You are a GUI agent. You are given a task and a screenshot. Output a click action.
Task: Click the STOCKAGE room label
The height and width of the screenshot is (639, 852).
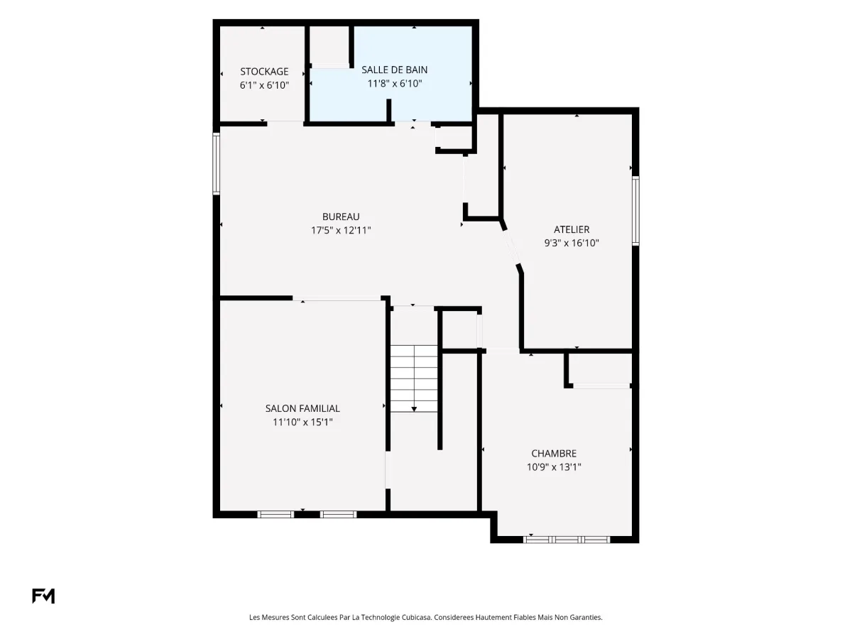[264, 72]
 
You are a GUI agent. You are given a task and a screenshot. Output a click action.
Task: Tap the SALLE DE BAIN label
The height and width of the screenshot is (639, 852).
[394, 70]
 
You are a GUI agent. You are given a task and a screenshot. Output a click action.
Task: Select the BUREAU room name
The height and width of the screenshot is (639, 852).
[341, 217]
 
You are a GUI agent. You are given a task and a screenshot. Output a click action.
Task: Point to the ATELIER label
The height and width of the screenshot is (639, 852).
[572, 229]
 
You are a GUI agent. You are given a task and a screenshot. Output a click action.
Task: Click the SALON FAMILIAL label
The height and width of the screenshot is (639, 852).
[302, 408]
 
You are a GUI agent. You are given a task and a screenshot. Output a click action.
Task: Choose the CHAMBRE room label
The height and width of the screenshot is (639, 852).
[554, 453]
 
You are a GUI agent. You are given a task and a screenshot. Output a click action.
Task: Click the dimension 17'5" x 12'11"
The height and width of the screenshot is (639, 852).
[341, 230]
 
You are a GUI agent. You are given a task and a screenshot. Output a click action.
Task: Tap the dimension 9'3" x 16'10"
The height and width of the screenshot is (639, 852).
[572, 243]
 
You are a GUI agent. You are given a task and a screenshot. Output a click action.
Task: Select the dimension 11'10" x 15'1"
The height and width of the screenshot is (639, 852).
[302, 422]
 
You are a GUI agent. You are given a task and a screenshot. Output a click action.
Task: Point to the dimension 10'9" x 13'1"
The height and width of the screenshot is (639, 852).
[554, 466]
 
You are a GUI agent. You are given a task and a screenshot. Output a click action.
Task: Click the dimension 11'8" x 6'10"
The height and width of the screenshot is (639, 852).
[394, 83]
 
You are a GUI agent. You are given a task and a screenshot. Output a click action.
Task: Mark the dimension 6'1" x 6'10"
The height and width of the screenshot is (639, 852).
[264, 85]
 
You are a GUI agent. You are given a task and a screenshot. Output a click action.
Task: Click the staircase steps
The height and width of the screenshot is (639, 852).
[414, 378]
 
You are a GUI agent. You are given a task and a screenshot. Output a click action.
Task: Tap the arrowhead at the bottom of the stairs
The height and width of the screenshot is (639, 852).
[414, 409]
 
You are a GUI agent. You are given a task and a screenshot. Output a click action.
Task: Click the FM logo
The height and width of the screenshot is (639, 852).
[43, 596]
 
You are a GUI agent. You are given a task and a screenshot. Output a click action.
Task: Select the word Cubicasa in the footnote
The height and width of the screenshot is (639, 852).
[417, 617]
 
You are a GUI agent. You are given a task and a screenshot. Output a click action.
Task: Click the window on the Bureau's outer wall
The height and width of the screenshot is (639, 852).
[217, 163]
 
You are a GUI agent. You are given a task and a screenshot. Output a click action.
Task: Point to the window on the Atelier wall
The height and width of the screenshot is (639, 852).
[635, 211]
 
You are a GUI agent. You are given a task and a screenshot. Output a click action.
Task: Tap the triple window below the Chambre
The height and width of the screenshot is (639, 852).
[567, 540]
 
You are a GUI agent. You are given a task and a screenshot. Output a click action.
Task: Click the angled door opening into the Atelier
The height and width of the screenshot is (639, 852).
[511, 247]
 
